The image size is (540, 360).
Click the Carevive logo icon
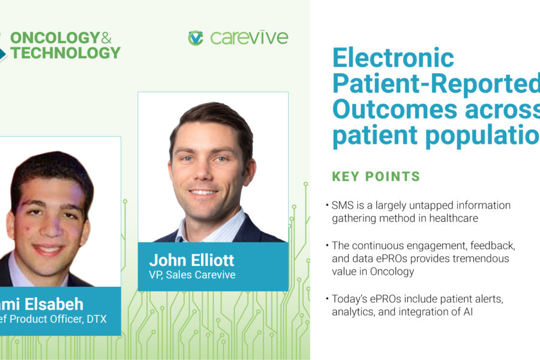[196, 38]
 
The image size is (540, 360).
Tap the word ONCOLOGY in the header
[55, 37]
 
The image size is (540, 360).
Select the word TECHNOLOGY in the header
[65, 53]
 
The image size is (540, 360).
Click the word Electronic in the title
[393, 59]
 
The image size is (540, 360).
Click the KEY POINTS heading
[376, 176]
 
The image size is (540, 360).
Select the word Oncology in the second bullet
[396, 271]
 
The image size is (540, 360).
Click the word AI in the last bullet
[467, 312]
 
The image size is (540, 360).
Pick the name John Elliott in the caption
[191, 260]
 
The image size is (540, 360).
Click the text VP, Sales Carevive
[193, 275]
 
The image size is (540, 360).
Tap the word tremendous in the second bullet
[478, 258]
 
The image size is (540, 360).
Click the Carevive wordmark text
[249, 38]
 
